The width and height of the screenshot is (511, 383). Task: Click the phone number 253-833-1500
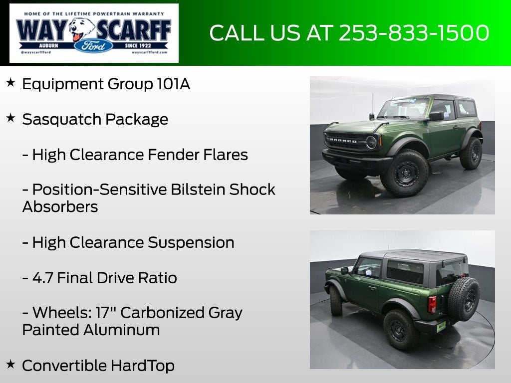tap(414, 33)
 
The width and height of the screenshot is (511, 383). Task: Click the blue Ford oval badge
tap(94, 46)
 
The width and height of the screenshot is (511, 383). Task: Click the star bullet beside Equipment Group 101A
tap(10, 83)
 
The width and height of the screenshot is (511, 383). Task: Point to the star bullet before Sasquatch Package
tap(10, 118)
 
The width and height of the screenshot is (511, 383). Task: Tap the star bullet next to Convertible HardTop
tap(10, 365)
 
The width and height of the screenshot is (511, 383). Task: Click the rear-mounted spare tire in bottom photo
tap(464, 298)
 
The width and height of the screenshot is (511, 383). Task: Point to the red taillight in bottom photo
tap(432, 304)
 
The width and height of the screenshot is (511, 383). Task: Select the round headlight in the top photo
tap(371, 142)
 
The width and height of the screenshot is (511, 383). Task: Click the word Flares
tap(226, 155)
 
